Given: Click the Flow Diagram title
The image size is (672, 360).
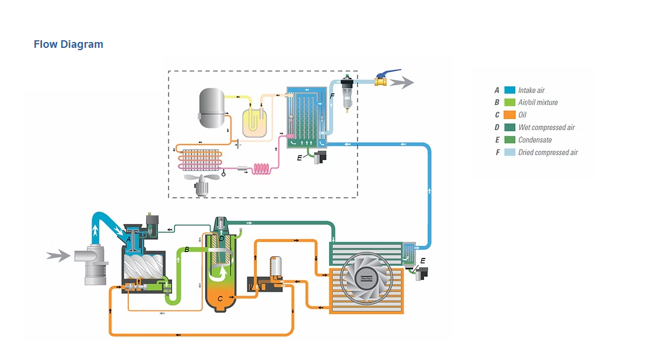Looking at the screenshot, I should tap(68, 44).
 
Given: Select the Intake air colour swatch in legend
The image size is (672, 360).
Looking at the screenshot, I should tap(509, 90).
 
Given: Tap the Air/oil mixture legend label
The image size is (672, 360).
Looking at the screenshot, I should tap(538, 103).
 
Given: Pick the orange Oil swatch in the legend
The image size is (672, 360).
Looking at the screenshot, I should tap(509, 115).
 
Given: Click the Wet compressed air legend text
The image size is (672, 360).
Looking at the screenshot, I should tap(547, 128).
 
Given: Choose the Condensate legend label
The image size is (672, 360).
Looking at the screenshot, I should tap(535, 140).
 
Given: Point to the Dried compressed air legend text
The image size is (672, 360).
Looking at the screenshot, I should tap(548, 153).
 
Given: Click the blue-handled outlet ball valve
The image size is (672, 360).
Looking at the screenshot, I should tap(380, 79).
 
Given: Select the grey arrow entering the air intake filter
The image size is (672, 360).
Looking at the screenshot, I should tap(58, 255).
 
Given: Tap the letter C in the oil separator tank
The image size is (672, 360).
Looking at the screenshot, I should tap(220, 298).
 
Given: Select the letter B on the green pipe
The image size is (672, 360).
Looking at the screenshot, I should tap(186, 250).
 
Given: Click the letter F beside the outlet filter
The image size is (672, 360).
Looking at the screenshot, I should tap(332, 96).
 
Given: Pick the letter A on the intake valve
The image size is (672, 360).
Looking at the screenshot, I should tap(128, 239).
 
